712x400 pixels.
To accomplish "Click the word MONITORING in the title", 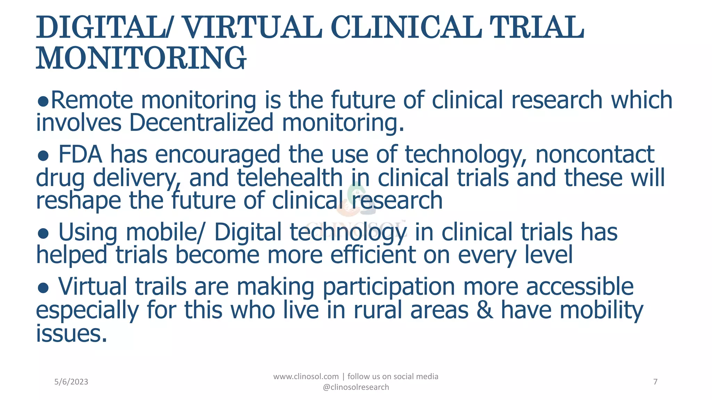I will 141,58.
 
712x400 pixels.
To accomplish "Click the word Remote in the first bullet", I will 92,100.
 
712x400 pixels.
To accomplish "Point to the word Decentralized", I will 201,123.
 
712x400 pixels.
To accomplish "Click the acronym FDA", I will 80,155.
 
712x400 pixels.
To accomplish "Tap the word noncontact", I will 595,155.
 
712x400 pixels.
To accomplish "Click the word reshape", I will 79,201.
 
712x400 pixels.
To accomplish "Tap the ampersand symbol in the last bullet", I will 485,310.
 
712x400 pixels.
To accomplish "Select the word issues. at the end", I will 72,333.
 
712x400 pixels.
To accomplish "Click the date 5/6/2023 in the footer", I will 71,382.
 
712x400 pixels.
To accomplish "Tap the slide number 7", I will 655,382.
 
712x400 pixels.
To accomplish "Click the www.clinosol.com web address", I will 306,376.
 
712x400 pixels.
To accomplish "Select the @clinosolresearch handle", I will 356,387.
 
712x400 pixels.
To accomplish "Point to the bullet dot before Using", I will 43,233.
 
